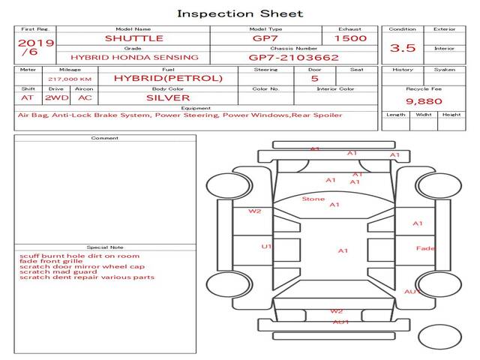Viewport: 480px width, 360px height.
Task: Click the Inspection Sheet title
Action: click(240, 13)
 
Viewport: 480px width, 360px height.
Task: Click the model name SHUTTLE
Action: click(134, 38)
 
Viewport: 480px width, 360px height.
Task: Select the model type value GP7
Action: click(265, 38)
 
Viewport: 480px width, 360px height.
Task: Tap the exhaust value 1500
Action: click(349, 38)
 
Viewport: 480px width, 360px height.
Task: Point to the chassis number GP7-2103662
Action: click(293, 57)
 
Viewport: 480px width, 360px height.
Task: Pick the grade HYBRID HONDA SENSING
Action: click(134, 57)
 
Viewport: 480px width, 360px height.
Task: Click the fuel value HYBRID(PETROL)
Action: click(168, 78)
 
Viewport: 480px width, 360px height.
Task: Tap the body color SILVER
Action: click(167, 97)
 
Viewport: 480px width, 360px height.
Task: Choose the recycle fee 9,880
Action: click(424, 100)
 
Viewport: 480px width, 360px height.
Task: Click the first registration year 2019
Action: click(35, 43)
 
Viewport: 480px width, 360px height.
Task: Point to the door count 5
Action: click(314, 78)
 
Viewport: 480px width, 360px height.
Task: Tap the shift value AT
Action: click(28, 97)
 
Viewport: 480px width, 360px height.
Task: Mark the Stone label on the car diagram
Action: click(313, 199)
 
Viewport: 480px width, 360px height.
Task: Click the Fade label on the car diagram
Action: click(425, 248)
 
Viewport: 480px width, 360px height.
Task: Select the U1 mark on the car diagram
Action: click(266, 246)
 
